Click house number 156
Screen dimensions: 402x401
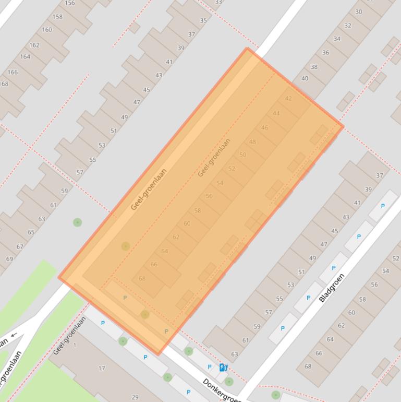click(70, 3)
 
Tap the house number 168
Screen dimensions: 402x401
click(4, 84)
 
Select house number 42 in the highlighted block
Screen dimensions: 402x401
click(288, 99)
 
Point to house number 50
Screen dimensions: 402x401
click(242, 155)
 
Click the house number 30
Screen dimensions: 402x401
click(359, 11)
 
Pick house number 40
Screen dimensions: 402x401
click(305, 79)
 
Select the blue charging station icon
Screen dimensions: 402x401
click(223, 368)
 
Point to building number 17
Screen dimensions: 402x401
click(102, 368)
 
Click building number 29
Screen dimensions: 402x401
click(135, 397)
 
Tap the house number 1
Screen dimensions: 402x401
click(75, 345)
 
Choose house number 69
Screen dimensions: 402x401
click(9, 259)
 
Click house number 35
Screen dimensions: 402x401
click(203, 21)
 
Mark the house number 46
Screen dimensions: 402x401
click(265, 127)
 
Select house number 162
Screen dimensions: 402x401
click(34, 45)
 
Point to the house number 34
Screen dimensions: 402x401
click(337, 39)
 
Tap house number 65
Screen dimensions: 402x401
click(31, 232)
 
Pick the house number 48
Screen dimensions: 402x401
click(253, 141)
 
